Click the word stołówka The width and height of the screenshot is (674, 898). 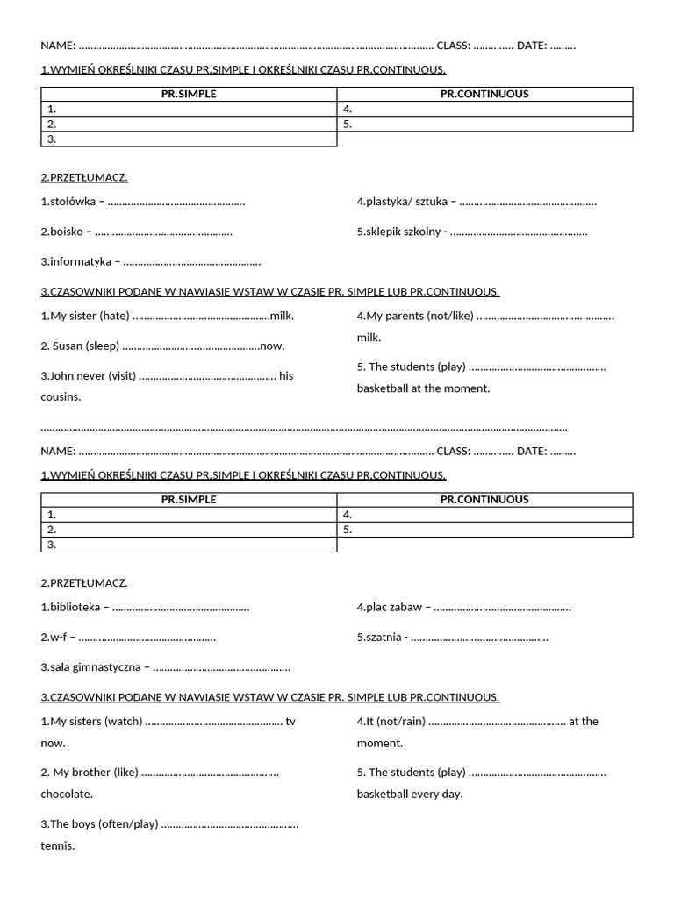73,202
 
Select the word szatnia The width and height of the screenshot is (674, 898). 383,638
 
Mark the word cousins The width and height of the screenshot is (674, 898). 61,396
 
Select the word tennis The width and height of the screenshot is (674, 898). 58,845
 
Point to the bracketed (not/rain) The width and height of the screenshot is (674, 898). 400,721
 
